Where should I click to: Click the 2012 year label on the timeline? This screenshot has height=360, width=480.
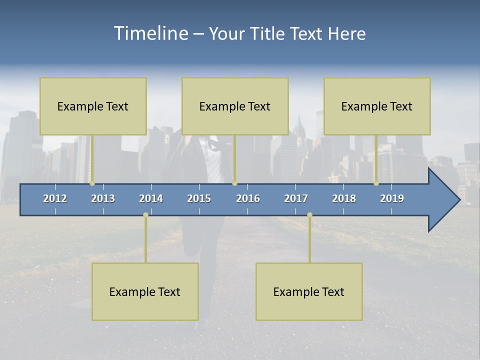point(55,198)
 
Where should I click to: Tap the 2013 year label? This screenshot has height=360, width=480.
point(103,198)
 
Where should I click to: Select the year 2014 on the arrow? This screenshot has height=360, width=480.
point(151,198)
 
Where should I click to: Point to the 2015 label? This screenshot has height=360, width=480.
point(199,198)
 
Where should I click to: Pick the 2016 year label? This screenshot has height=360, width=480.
point(248,198)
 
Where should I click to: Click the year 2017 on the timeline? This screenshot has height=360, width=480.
point(296,198)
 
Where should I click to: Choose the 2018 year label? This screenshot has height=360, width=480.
point(344,198)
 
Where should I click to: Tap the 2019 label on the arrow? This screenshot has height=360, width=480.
point(392,198)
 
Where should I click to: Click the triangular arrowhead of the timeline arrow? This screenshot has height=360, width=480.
point(443,200)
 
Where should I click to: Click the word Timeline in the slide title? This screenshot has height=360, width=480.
point(150,33)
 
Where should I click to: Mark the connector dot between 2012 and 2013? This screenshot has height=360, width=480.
point(92,183)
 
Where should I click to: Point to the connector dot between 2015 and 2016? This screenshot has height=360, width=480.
point(234,183)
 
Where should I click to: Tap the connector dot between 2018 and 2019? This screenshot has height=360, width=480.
point(376,183)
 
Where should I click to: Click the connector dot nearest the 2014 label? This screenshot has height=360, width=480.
point(145,215)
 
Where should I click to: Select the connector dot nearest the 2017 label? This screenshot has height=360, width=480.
point(309,215)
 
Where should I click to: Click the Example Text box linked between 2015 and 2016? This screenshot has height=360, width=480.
point(235,106)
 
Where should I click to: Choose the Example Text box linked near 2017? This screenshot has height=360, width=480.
point(309,291)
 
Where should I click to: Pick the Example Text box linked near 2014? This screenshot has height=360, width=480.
point(145,291)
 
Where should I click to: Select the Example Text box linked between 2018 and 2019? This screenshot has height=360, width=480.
point(377,106)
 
